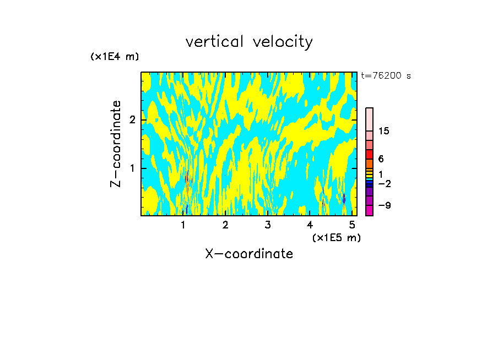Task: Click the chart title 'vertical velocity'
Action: [x=249, y=42]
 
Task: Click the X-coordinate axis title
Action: [x=249, y=254]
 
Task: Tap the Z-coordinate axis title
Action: [x=116, y=144]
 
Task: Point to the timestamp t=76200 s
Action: [x=386, y=76]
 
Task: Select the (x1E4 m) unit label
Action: [x=115, y=56]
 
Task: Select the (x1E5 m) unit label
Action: [x=336, y=237]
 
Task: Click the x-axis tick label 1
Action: [x=183, y=225]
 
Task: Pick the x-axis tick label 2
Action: [x=225, y=225]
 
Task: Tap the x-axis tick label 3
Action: [x=268, y=225]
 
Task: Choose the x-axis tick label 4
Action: [x=310, y=225]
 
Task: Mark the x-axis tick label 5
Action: [x=352, y=225]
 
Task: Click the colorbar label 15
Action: [x=384, y=131]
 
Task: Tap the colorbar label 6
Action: [x=381, y=159]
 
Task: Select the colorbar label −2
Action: [x=383, y=183]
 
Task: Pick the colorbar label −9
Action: [x=383, y=205]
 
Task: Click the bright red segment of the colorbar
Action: [x=369, y=154]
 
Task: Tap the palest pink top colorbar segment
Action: [x=369, y=119]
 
